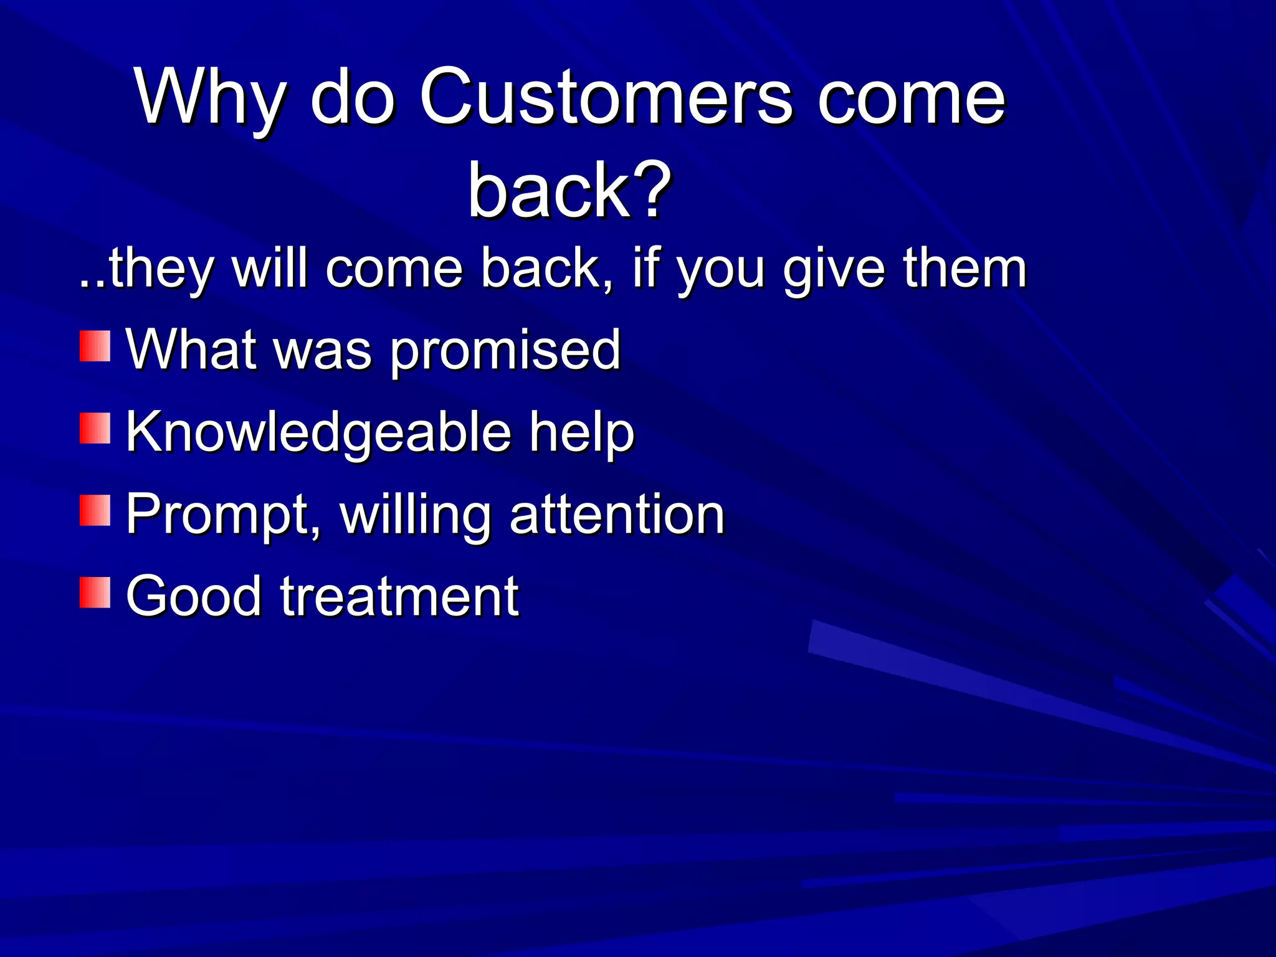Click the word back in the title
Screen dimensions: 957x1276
548,189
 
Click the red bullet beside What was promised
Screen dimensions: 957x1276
95,346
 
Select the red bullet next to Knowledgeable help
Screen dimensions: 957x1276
95,429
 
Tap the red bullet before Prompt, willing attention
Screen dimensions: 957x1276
95,511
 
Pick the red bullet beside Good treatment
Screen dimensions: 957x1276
95,593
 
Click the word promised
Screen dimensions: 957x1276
505,351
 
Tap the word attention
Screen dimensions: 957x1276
617,515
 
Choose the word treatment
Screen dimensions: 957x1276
399,597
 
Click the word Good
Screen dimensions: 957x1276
194,597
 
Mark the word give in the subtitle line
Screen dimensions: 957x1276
834,269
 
